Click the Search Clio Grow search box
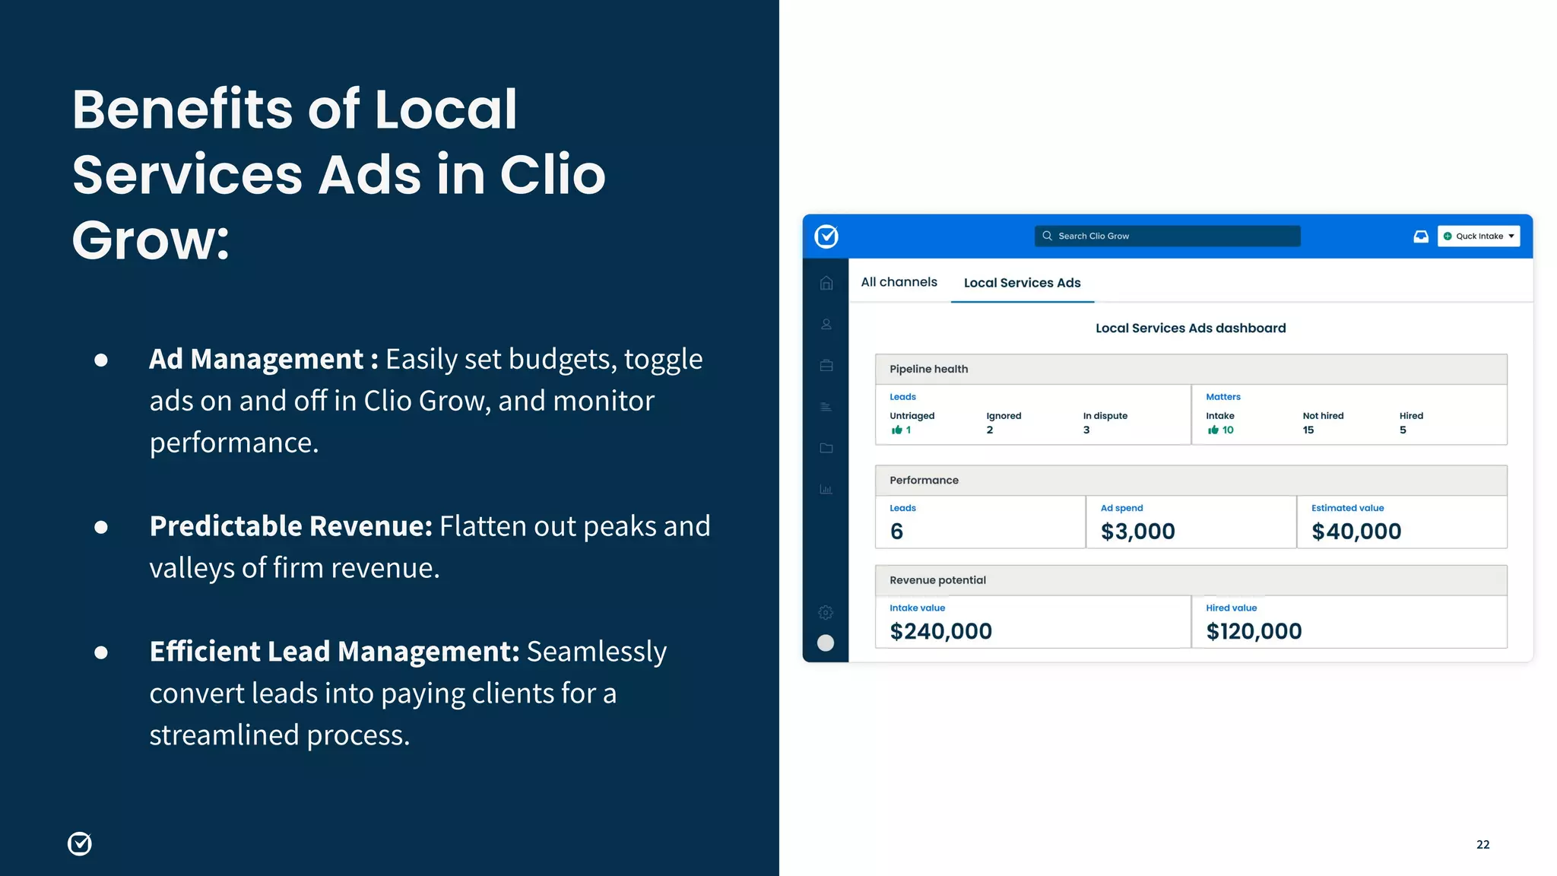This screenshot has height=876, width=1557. coord(1167,236)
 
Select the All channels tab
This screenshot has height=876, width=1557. coord(899,282)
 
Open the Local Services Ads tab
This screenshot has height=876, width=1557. coord(1022,283)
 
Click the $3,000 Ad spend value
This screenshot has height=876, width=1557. coord(1137,532)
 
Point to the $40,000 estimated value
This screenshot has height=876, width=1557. coord(1356,532)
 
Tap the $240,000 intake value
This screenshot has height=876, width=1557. coord(940,631)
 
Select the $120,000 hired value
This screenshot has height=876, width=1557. coord(1254,631)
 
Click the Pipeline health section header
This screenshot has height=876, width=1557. coord(929,369)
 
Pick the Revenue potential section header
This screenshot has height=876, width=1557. coord(937,580)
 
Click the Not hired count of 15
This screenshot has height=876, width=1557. coord(1308,430)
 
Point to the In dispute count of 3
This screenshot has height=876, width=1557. coord(1086,430)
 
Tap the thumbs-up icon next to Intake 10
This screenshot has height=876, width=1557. coord(1213,430)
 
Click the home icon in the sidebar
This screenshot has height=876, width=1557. coord(826,283)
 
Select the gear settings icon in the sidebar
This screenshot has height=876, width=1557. coord(826,612)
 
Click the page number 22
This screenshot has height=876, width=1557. coord(1482,844)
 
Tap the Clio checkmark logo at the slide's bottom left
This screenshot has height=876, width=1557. coord(80,843)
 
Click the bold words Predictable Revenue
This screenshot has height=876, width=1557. coord(291,526)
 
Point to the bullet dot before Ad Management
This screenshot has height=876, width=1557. coord(101,360)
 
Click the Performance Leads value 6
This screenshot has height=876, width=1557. coord(896,532)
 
